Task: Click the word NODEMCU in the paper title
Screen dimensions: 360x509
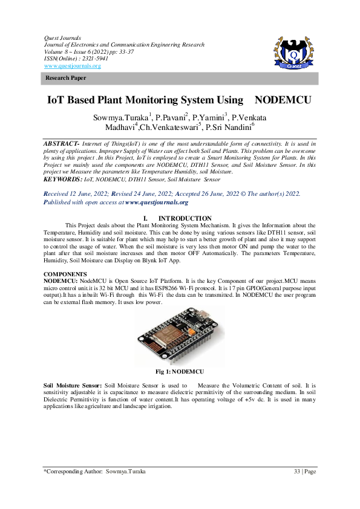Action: coord(282,100)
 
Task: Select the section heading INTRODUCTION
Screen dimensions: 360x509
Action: coord(185,218)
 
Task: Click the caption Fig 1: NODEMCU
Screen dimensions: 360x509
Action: coord(180,370)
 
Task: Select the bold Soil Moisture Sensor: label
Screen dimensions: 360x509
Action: coord(73,385)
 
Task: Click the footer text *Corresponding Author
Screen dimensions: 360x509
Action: coord(70,471)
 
